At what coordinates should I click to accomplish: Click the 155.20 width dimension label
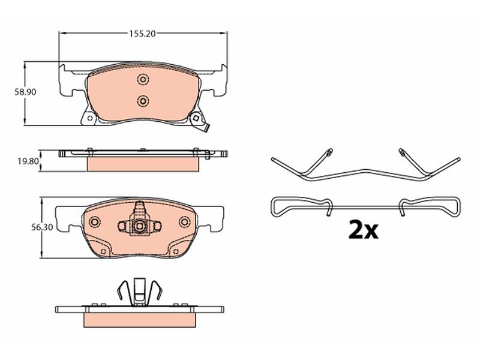pos(142,34)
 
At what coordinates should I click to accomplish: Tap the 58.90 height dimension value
pos(25,92)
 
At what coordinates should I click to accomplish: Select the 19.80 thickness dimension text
pos(28,161)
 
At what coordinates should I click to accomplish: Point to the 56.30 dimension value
pos(42,227)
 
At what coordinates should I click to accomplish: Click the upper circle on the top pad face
pos(143,80)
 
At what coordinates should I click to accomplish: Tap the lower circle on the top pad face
pos(143,101)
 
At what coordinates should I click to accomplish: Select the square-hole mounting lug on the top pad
pos(196,118)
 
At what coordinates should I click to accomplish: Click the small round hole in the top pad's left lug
pos(89,118)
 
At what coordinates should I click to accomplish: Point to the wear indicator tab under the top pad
pos(206,128)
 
